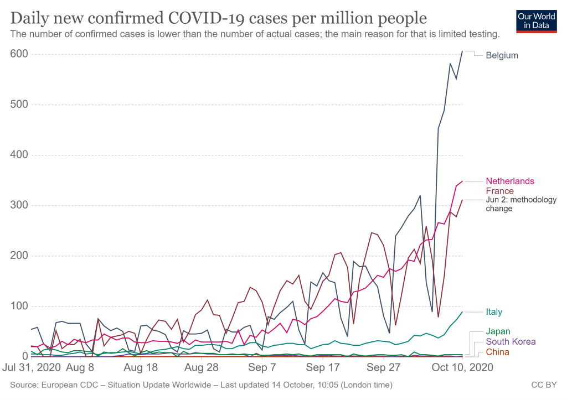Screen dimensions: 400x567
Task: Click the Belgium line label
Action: click(502, 55)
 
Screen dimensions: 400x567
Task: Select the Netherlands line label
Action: click(509, 181)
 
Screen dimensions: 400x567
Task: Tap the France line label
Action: click(499, 191)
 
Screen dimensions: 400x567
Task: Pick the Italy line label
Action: click(494, 312)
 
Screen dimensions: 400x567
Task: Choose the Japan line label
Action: click(498, 331)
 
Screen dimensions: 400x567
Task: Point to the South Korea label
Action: click(511, 341)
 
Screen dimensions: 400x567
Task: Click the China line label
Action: click(497, 352)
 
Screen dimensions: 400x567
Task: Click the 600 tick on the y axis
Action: click(19, 54)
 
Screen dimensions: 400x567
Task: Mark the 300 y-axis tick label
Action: click(19, 205)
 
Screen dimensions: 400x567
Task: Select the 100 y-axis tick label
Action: click(19, 306)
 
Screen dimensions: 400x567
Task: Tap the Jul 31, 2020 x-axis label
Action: click(32, 367)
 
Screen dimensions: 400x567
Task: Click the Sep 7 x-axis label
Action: click(263, 367)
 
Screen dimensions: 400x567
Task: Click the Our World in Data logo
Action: click(536, 21)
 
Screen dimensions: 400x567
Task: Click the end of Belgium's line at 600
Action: click(462, 51)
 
